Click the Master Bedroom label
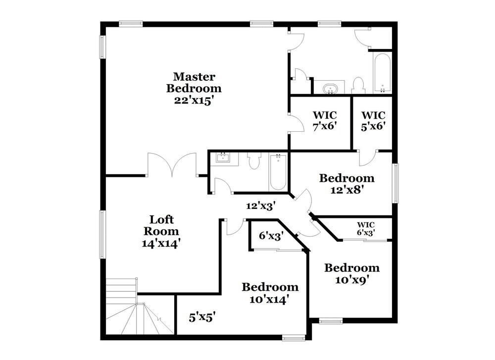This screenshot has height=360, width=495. [x=194, y=83]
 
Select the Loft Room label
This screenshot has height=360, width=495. [x=161, y=225]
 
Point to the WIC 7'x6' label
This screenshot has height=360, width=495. [x=325, y=120]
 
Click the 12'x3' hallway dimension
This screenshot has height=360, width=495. [x=260, y=205]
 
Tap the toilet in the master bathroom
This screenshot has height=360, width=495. [x=358, y=85]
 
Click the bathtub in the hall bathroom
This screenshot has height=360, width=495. [x=278, y=171]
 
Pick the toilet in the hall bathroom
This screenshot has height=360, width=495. [x=254, y=161]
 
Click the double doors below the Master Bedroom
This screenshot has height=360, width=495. [x=172, y=164]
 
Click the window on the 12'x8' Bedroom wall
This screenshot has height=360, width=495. [x=395, y=183]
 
